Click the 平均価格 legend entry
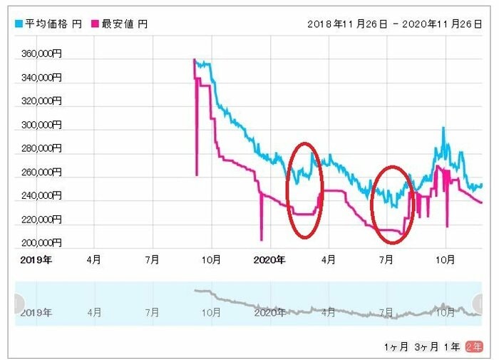tap(43, 24)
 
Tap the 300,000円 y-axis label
tap(40, 125)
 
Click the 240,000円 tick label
tap(40, 195)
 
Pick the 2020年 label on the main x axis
tap(269, 260)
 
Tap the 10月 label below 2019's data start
tap(211, 260)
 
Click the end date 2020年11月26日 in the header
tap(443, 24)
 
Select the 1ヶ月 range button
tap(396, 346)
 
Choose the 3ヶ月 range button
tap(426, 346)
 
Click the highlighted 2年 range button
tap(473, 346)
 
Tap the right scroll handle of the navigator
tap(478, 304)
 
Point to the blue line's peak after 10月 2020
tap(443, 129)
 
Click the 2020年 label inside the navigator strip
tap(269, 312)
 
